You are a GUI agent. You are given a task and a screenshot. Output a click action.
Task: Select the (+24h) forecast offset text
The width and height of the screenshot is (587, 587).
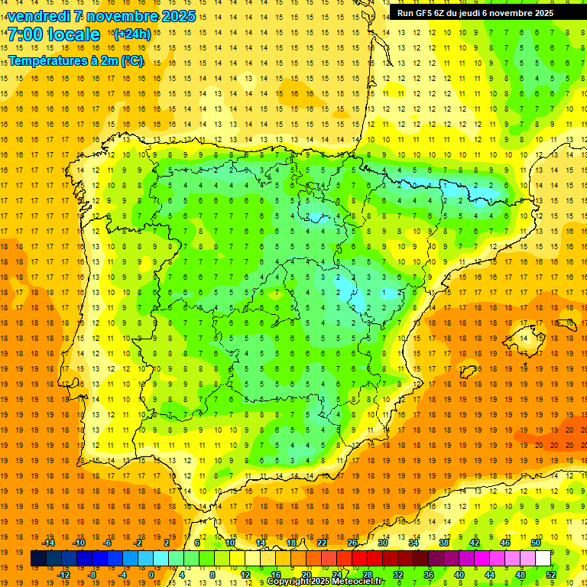[x=131, y=34]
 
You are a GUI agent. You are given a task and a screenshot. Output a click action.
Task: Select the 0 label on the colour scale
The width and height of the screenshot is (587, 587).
[x=151, y=575]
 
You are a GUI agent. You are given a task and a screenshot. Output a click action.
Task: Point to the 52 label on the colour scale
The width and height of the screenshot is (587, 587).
[x=551, y=575]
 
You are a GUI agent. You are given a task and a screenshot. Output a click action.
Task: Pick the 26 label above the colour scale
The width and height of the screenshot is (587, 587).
[x=352, y=543]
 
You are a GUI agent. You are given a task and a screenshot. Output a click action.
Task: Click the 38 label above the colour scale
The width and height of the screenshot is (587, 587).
[x=444, y=543]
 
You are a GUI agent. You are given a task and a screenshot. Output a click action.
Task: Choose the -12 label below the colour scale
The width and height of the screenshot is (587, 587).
[x=64, y=575]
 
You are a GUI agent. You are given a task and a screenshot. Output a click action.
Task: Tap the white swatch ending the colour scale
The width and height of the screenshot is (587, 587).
[x=543, y=559]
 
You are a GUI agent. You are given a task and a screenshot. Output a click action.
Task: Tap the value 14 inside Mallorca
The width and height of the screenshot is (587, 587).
[x=524, y=339]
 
